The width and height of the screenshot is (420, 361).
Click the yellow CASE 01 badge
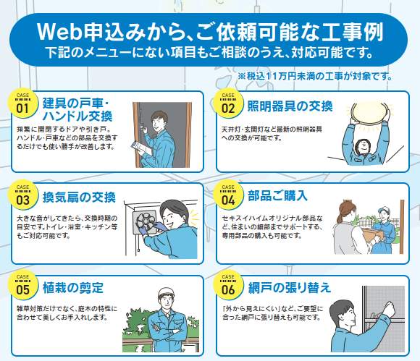pyautogui.click(x=22, y=104)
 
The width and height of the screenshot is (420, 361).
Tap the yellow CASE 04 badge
pyautogui.click(x=228, y=195)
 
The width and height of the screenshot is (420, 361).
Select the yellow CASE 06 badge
pyautogui.click(x=228, y=285)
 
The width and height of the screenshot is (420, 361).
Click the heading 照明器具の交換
pyautogui.click(x=290, y=106)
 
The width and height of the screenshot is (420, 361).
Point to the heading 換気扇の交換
pyautogui.click(x=79, y=198)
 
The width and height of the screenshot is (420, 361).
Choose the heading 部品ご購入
pyautogui.click(x=277, y=195)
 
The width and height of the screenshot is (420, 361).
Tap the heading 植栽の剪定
pyautogui.click(x=73, y=288)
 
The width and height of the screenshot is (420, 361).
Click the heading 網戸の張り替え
pyautogui.click(x=290, y=288)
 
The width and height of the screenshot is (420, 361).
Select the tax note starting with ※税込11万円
pyautogui.click(x=315, y=76)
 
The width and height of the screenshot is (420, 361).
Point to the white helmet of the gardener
pyautogui.click(x=166, y=293)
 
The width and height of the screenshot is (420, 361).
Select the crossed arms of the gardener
pyautogui.click(x=166, y=331)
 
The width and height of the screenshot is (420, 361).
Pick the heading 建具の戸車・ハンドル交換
pyautogui.click(x=77, y=110)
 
